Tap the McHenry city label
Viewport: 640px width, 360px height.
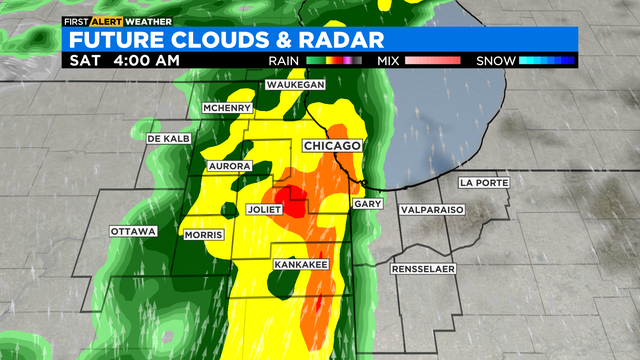[225, 107]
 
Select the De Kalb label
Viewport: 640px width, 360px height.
[167, 137]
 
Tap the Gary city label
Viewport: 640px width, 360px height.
[365, 203]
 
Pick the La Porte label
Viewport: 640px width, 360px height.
[485, 183]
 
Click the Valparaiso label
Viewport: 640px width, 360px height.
[432, 211]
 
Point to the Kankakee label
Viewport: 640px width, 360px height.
[301, 264]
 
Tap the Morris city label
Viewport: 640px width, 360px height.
[204, 235]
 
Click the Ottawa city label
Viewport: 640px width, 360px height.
[133, 231]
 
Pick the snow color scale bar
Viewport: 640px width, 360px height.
[546, 61]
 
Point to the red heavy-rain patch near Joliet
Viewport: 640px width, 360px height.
[291, 196]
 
